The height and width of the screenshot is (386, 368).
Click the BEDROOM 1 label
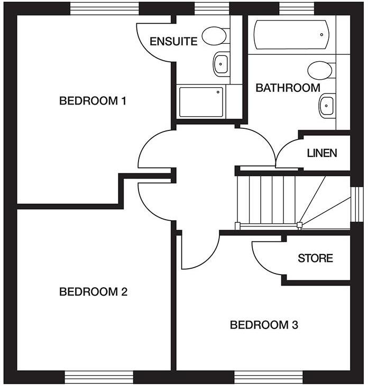pyautogui.click(x=93, y=100)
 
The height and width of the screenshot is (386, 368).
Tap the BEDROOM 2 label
pyautogui.click(x=93, y=291)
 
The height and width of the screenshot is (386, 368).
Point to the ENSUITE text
pyautogui.click(x=173, y=41)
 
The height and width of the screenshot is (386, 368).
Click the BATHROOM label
pyautogui.click(x=288, y=88)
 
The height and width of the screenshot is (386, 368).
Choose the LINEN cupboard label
pyautogui.click(x=321, y=153)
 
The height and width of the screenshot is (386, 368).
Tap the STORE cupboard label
pyautogui.click(x=315, y=258)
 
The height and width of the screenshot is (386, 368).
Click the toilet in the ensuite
pyautogui.click(x=215, y=36)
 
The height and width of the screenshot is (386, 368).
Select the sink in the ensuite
pyautogui.click(x=221, y=64)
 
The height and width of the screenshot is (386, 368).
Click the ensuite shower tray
pyautogui.click(x=201, y=102)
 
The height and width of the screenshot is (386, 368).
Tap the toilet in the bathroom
pyautogui.click(x=320, y=70)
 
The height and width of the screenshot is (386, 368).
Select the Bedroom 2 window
pyautogui.click(x=99, y=377)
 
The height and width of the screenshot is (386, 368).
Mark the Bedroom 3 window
pyautogui.click(x=263, y=377)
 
